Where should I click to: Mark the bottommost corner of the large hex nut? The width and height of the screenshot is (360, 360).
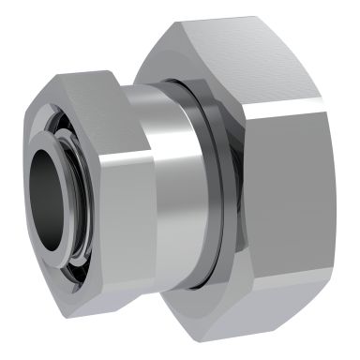click(246, 343)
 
